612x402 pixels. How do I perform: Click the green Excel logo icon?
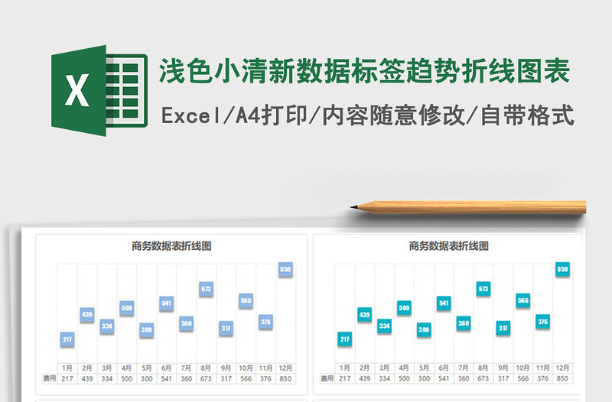[x=99, y=92]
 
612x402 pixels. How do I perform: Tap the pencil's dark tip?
[x=354, y=206]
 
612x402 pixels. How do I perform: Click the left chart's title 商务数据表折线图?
[x=171, y=246]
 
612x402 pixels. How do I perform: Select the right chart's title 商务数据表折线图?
[x=449, y=246]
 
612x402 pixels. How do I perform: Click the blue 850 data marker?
[x=285, y=269]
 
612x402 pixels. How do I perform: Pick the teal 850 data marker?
[x=562, y=269]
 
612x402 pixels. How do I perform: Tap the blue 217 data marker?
[x=67, y=339]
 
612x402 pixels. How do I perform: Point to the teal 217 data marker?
[x=344, y=339]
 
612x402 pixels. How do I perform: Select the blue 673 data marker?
[x=206, y=289]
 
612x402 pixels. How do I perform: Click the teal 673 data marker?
[x=483, y=289]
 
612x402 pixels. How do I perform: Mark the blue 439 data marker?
[x=87, y=314]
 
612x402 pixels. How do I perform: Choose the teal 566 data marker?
[x=522, y=300]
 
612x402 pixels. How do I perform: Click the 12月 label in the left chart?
[x=285, y=368]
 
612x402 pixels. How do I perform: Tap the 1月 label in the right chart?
[x=345, y=368]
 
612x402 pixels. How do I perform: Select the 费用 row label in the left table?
[x=48, y=378]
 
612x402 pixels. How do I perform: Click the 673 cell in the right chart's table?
[x=483, y=378]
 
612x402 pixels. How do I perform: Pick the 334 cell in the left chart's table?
[x=107, y=378]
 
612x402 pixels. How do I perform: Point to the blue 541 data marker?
[x=167, y=303]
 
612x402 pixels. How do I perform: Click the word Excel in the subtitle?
[x=188, y=116]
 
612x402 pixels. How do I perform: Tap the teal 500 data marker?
[x=404, y=308]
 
